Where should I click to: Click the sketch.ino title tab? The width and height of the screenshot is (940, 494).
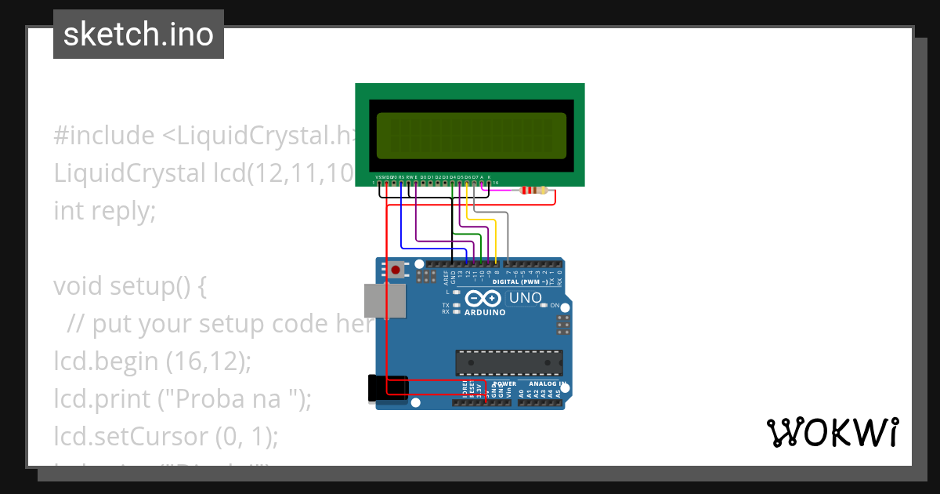click(139, 35)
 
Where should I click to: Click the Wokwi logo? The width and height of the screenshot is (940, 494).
click(832, 432)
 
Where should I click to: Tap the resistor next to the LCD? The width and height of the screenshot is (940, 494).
click(533, 190)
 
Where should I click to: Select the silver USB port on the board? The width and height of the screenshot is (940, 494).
click(385, 301)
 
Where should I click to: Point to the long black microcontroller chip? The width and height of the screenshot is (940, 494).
click(509, 362)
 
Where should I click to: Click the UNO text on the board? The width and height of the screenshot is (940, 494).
click(525, 298)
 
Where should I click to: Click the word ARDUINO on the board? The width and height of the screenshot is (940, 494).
click(486, 312)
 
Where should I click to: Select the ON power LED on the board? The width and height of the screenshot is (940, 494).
click(554, 305)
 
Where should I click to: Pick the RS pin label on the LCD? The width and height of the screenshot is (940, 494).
click(401, 178)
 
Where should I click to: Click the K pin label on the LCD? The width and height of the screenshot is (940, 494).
click(490, 178)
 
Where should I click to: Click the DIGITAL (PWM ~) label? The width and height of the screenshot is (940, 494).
click(519, 281)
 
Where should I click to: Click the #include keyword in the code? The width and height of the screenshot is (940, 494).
click(104, 136)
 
